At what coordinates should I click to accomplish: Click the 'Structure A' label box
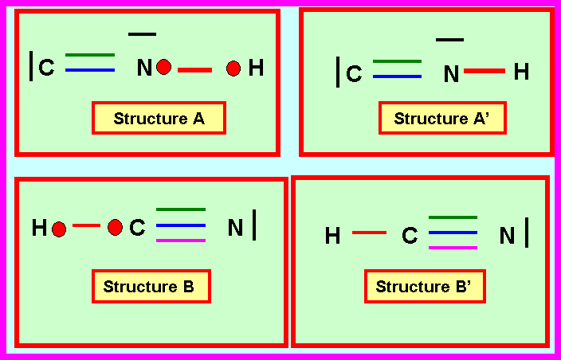(159, 119)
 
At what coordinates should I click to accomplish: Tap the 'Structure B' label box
(149, 287)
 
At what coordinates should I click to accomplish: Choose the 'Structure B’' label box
(424, 287)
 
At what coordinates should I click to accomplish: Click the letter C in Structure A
(47, 68)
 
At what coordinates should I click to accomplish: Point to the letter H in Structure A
(256, 68)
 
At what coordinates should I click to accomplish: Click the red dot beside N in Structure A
(164, 68)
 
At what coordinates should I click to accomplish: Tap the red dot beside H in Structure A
(233, 68)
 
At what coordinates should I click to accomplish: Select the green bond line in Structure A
(89, 55)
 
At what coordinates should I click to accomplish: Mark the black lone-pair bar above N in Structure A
(142, 33)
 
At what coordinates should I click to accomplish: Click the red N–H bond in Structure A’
(484, 72)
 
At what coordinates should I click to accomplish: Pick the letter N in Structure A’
(451, 75)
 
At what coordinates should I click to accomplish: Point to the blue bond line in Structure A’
(397, 76)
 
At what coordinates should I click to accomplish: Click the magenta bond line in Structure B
(181, 240)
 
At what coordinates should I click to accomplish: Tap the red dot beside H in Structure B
(58, 229)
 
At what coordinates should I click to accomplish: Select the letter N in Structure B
(235, 229)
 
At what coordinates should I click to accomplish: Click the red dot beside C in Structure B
(115, 228)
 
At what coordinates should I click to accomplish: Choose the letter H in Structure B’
(333, 236)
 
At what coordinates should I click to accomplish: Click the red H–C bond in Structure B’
(369, 233)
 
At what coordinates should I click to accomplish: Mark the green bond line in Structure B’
(453, 217)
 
